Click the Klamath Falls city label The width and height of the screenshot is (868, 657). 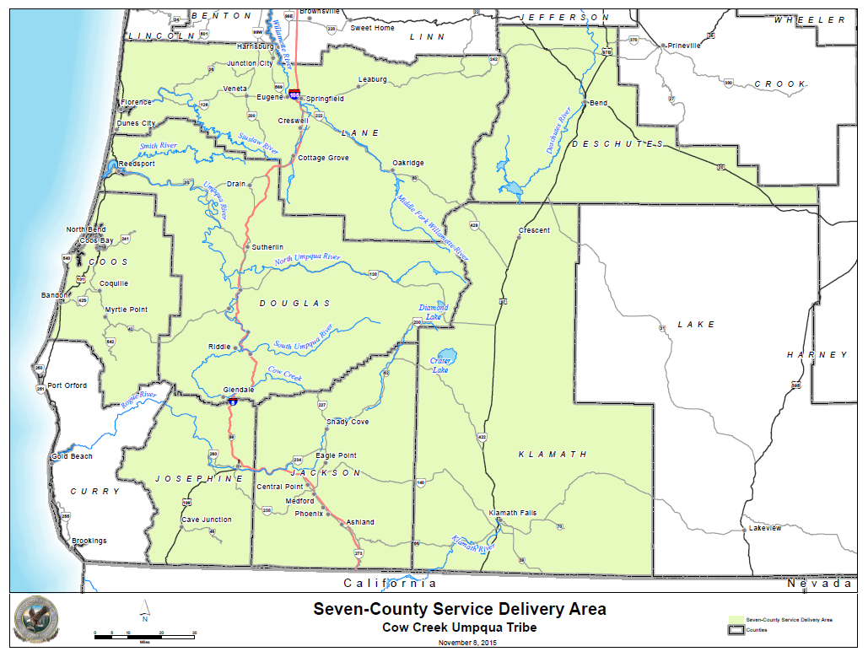(x=513, y=513)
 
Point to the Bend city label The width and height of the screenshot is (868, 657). (x=598, y=103)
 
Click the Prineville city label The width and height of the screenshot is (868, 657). (x=684, y=45)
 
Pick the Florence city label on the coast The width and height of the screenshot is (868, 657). (x=136, y=102)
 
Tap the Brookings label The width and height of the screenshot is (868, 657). (x=89, y=541)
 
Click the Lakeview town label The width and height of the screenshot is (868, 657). (x=765, y=528)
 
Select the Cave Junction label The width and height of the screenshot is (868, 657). (x=206, y=520)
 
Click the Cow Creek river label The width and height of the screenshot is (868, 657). (x=285, y=374)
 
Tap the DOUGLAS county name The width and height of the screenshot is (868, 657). (x=295, y=303)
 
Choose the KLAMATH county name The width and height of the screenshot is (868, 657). (x=553, y=455)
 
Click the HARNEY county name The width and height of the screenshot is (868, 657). (x=817, y=355)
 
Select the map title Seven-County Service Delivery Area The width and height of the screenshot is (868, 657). (x=459, y=609)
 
